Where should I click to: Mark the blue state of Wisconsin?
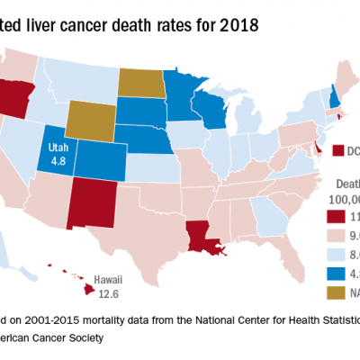[x=211, y=106]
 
